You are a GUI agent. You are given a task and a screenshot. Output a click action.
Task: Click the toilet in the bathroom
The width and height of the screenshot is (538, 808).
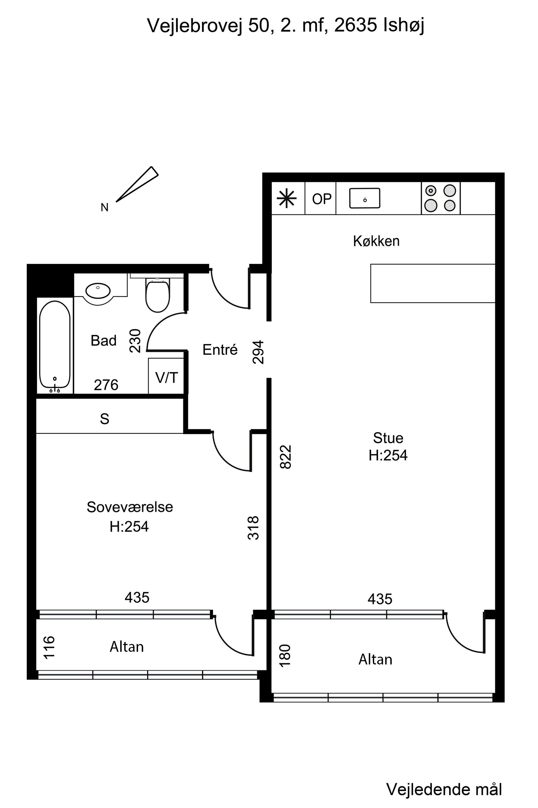(157, 295)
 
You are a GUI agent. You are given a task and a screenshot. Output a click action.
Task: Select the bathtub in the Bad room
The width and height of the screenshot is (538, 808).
(55, 345)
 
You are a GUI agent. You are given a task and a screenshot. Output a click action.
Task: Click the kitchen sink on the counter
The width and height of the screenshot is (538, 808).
(365, 198)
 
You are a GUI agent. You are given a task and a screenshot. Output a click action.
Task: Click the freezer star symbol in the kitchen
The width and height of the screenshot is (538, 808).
(286, 198)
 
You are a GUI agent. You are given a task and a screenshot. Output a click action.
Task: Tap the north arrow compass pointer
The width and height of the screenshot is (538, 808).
(137, 184)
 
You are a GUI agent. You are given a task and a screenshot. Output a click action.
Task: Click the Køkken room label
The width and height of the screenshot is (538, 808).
(376, 241)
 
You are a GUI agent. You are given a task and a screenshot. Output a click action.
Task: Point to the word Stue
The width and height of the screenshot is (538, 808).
(388, 438)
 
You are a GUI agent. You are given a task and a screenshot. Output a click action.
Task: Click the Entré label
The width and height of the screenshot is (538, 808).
(220, 350)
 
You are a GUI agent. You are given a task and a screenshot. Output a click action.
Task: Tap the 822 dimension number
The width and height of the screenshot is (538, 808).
(285, 457)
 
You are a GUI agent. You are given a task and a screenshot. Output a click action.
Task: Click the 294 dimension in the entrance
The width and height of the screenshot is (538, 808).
(258, 352)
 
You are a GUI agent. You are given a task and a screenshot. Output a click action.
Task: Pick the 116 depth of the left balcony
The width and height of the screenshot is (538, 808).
(49, 647)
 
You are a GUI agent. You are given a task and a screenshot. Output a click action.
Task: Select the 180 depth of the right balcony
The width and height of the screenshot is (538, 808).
(285, 656)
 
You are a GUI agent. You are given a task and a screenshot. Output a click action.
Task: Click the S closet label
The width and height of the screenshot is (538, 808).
(105, 419)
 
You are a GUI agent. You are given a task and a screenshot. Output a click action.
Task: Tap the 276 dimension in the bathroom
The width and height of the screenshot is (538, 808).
(106, 385)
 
